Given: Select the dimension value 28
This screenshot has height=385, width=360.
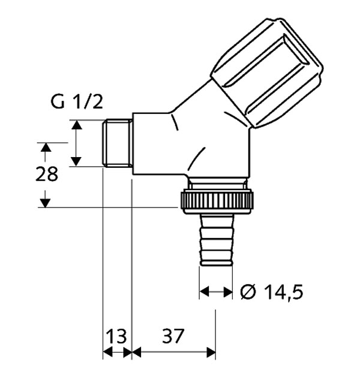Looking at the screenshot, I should click(46, 175).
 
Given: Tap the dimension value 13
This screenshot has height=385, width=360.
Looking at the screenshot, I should click(117, 335).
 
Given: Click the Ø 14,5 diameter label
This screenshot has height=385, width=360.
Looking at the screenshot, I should click(271, 292).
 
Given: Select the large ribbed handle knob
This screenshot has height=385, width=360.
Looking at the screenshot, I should click(266, 72).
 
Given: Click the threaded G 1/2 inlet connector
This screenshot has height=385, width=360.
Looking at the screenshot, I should click(117, 143).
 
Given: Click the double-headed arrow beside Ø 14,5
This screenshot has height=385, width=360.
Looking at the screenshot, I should click(215, 292).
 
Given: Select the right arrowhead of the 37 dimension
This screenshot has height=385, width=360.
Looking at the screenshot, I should click(211, 353).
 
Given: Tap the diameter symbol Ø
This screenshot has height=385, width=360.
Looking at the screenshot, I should click(248, 292).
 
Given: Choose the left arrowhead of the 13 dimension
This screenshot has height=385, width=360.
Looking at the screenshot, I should click(107, 353).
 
